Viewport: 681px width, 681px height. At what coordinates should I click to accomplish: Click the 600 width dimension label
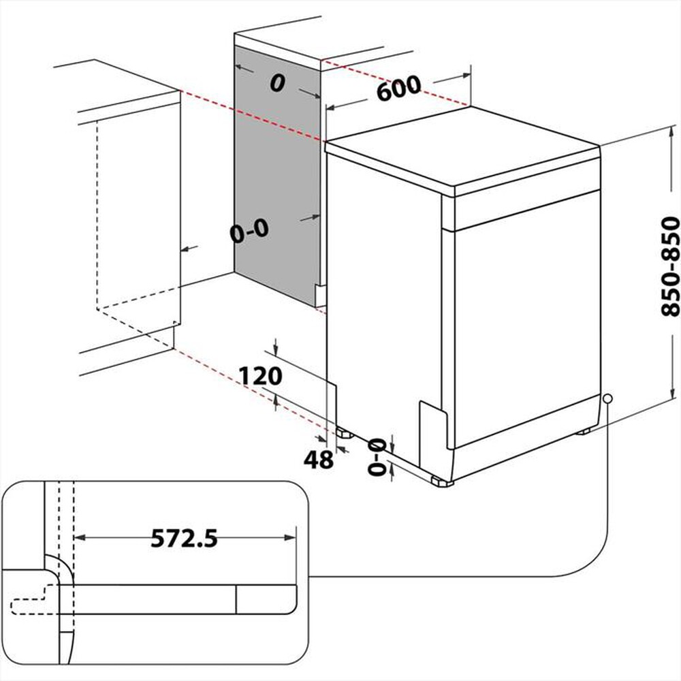point(398,89)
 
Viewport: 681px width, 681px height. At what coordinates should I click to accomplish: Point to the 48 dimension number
point(318,460)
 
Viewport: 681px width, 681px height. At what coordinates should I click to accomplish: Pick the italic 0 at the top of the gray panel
point(276,83)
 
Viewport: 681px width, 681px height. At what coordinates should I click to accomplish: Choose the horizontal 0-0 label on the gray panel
point(249,232)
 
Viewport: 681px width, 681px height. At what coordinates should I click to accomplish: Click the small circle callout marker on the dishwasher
point(607,398)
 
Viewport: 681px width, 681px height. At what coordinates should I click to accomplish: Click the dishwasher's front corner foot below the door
point(441,481)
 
